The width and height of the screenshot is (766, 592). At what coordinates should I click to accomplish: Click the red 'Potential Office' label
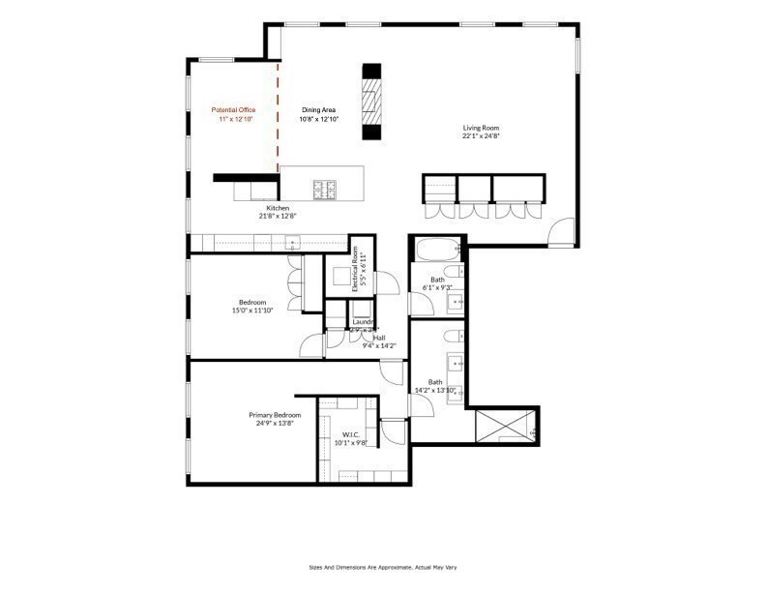pyautogui.click(x=234, y=110)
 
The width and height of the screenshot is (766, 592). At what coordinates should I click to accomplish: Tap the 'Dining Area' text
pyautogui.click(x=318, y=110)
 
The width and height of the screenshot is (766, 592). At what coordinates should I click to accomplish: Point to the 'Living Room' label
pyautogui.click(x=480, y=128)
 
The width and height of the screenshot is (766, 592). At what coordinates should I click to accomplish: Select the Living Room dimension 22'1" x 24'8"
pyautogui.click(x=480, y=136)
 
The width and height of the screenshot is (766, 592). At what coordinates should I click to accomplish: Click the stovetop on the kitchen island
pyautogui.click(x=324, y=187)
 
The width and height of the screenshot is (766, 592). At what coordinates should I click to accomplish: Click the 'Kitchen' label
pyautogui.click(x=278, y=209)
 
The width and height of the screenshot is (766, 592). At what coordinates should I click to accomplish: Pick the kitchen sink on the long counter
pyautogui.click(x=291, y=243)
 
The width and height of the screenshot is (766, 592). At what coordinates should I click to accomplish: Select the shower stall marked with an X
pyautogui.click(x=504, y=426)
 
